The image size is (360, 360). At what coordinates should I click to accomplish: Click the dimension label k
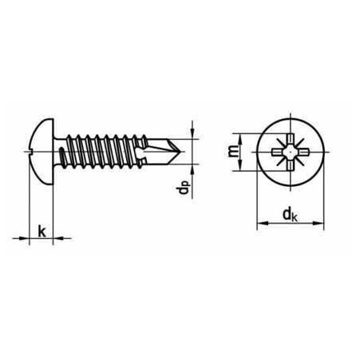[42, 231]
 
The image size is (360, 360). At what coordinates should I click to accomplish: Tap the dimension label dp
[183, 187]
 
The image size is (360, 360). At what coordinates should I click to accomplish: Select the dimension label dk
[290, 215]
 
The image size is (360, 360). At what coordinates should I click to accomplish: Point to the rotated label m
[233, 151]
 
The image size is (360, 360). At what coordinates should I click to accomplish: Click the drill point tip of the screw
[180, 152]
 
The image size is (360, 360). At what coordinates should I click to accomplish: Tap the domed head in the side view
[42, 152]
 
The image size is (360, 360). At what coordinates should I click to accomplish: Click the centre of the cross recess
[290, 152]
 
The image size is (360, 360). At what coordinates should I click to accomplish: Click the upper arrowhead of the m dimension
[239, 140]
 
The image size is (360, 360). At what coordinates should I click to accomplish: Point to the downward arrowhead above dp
[192, 133]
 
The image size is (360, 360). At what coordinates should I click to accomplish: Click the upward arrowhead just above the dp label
[192, 170]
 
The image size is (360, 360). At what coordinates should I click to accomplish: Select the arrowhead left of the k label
[23, 238]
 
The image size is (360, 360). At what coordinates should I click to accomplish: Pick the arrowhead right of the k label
[59, 238]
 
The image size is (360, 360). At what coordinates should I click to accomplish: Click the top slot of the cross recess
[290, 140]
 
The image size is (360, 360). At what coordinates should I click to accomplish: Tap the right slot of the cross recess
[303, 152]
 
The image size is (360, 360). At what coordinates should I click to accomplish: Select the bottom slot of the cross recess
[290, 165]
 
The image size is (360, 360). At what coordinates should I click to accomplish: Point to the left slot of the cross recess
[277, 152]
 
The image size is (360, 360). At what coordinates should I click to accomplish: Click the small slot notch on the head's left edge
[30, 152]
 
